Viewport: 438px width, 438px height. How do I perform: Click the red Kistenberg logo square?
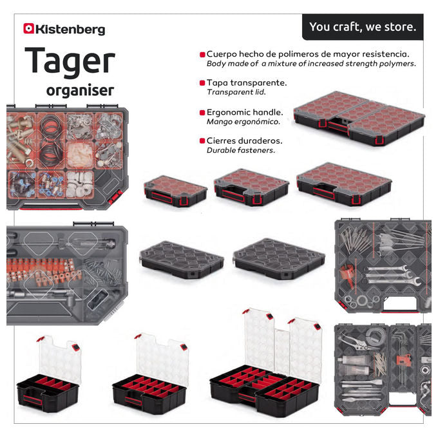[28, 28]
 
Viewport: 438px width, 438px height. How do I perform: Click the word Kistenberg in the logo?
[70, 30]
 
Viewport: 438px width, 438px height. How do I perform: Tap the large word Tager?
[70, 62]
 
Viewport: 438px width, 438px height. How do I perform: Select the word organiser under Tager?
[80, 91]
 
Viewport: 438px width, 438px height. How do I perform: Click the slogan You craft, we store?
[363, 27]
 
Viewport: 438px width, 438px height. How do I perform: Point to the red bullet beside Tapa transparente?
[202, 83]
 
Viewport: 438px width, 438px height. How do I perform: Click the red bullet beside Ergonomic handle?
[202, 113]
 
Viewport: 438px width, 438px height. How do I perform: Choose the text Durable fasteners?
[241, 150]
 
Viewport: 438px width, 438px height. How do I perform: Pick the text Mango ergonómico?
[243, 122]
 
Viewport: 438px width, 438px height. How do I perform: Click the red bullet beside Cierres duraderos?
[202, 141]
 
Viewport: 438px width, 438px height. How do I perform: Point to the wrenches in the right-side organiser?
[391, 275]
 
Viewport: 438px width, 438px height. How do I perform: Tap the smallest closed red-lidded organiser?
[175, 191]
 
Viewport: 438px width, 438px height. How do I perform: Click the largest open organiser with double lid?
[265, 363]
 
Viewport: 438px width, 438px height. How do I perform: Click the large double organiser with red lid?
[359, 118]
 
